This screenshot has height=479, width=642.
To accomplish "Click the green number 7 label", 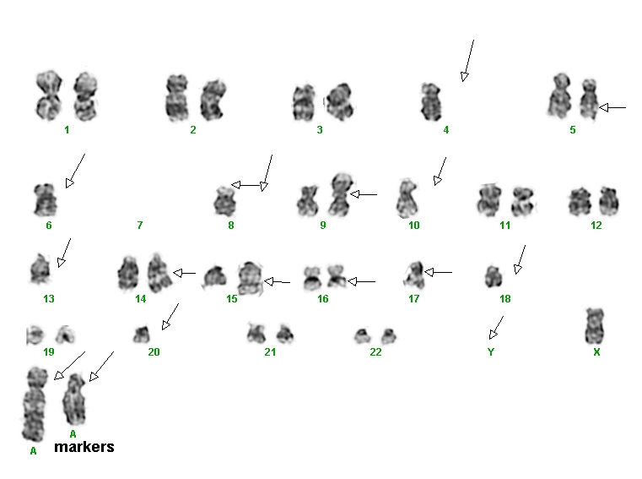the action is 140,226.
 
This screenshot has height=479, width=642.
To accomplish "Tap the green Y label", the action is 491,352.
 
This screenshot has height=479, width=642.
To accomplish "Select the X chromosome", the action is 595,326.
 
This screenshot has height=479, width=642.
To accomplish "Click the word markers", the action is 84,447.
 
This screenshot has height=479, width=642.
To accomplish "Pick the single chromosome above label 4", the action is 431,101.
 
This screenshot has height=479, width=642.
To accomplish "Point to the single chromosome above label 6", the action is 45,200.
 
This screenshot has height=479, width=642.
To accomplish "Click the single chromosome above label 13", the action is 40,269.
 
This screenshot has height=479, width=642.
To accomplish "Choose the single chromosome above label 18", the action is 494,276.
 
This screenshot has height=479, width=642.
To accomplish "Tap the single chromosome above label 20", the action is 142,335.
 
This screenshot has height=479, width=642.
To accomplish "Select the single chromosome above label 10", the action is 407,199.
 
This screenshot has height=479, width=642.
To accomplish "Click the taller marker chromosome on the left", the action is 35,405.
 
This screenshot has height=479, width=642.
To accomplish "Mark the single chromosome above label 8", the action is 224,201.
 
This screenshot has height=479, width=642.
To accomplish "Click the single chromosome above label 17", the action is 413,275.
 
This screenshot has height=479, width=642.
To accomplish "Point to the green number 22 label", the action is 375,352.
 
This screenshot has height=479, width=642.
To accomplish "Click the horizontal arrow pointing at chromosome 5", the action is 612,108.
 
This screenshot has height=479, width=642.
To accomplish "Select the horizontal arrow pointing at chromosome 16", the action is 361,281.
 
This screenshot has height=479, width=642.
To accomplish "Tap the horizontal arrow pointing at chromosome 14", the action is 184,273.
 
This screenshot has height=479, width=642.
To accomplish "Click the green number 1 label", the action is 67,130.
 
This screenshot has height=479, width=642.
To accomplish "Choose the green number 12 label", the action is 596,226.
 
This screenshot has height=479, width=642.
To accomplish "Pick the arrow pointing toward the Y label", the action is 496,328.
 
